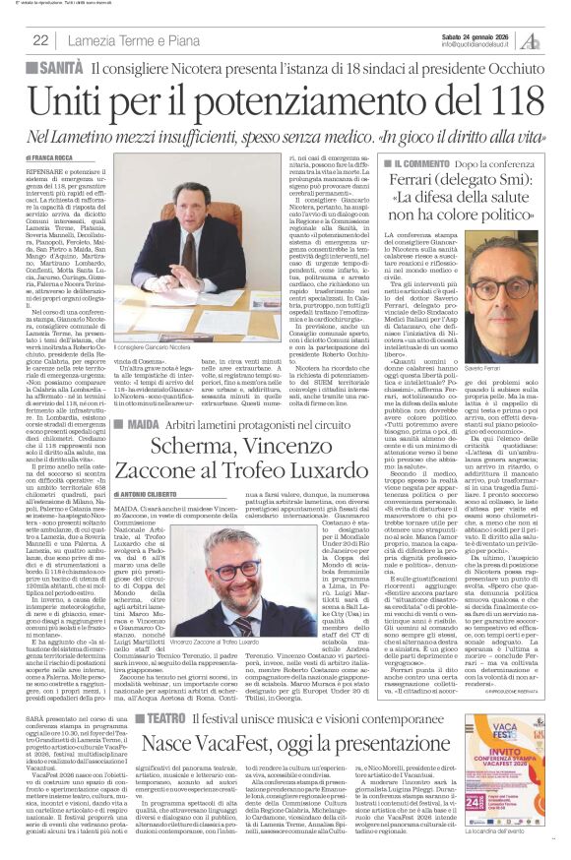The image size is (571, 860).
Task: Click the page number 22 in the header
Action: pyautogui.click(x=40, y=39)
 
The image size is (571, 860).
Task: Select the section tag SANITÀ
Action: pyautogui.click(x=58, y=67)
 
